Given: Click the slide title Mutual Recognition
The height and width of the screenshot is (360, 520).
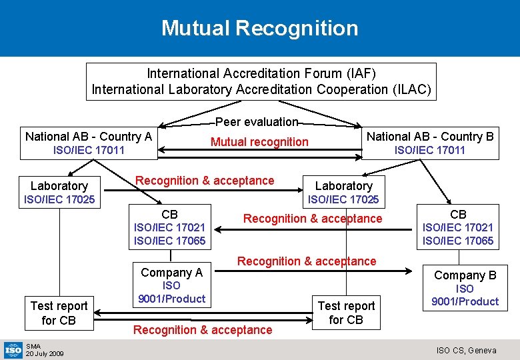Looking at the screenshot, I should [259, 28].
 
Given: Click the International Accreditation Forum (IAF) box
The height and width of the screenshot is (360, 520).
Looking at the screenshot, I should [261, 81].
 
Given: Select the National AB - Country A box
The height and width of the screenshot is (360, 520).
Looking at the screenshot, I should [89, 143].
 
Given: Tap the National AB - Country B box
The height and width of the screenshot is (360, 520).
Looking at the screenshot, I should [430, 143].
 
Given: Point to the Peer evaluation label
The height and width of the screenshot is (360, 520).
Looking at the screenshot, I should [257, 121].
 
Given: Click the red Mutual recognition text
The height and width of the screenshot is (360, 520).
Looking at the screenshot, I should [259, 141].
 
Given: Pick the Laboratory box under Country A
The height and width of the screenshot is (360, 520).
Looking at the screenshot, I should [59, 192].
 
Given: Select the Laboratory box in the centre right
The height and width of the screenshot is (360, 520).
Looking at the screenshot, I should [343, 192].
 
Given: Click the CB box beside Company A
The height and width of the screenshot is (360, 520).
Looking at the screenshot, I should [170, 227].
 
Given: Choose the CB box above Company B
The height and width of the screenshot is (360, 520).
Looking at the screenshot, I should [458, 227].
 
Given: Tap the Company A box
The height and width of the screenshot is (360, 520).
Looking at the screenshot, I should [171, 285].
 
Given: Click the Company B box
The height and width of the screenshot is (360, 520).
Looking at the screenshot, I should [465, 287].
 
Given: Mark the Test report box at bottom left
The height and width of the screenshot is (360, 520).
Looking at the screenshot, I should [59, 313].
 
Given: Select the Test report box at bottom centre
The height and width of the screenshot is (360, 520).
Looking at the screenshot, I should [346, 313].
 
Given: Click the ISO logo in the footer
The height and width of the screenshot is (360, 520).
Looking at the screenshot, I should [13, 349].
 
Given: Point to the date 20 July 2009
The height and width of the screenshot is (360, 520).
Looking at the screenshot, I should [44, 353].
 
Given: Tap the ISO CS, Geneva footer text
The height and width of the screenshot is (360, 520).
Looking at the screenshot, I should [466, 350].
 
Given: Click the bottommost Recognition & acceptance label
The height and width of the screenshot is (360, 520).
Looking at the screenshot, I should [203, 329].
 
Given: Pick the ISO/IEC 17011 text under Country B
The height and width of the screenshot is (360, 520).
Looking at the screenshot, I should [430, 150].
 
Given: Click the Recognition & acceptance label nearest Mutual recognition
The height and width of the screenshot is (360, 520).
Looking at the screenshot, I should [205, 180].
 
